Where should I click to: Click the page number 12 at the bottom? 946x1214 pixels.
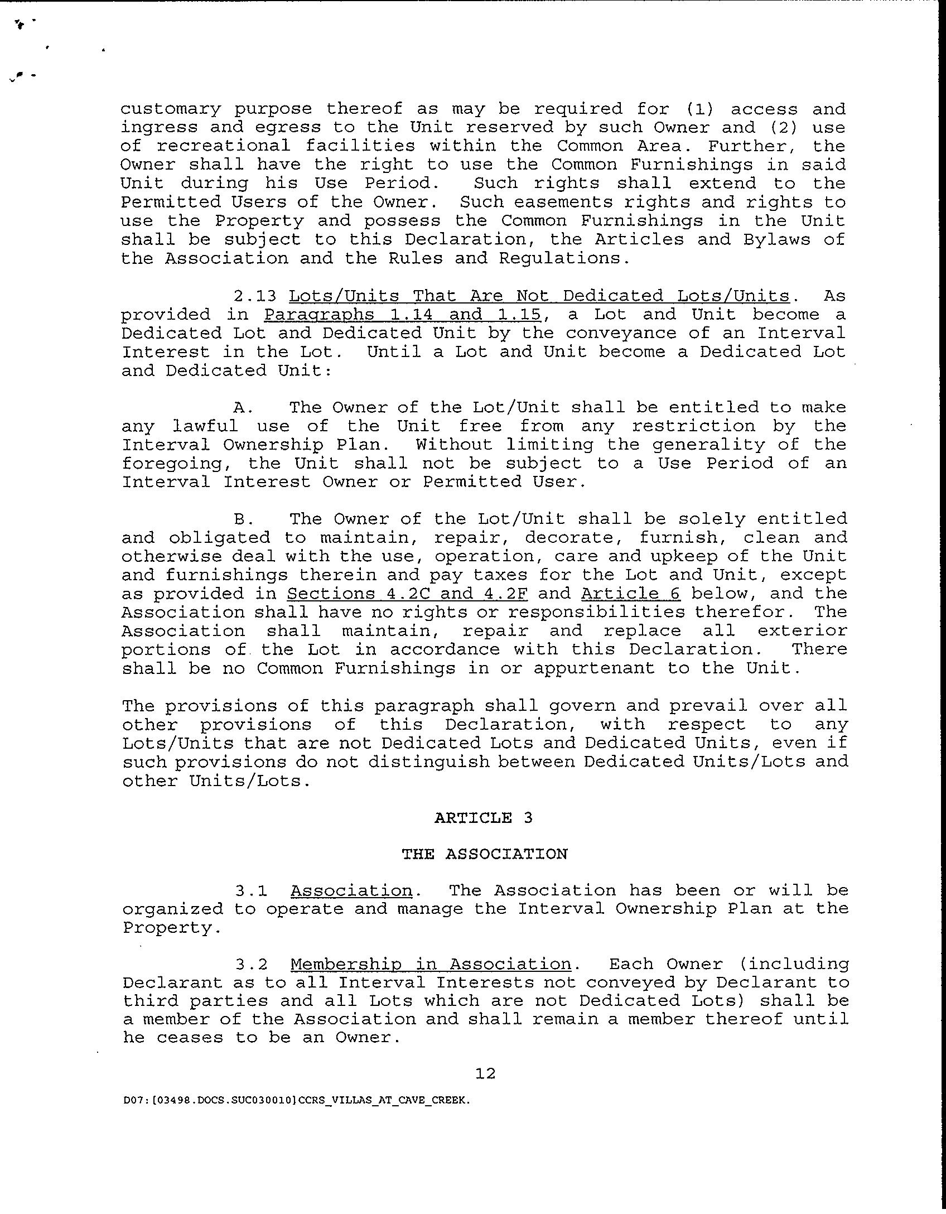486,1073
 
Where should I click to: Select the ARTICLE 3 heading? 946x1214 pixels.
484,818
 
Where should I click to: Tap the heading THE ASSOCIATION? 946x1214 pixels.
484,854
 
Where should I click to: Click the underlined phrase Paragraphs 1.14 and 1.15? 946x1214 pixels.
403,315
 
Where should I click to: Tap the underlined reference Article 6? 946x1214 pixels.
630,594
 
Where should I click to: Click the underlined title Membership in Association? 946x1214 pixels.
431,964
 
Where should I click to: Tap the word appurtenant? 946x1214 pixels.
594,668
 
